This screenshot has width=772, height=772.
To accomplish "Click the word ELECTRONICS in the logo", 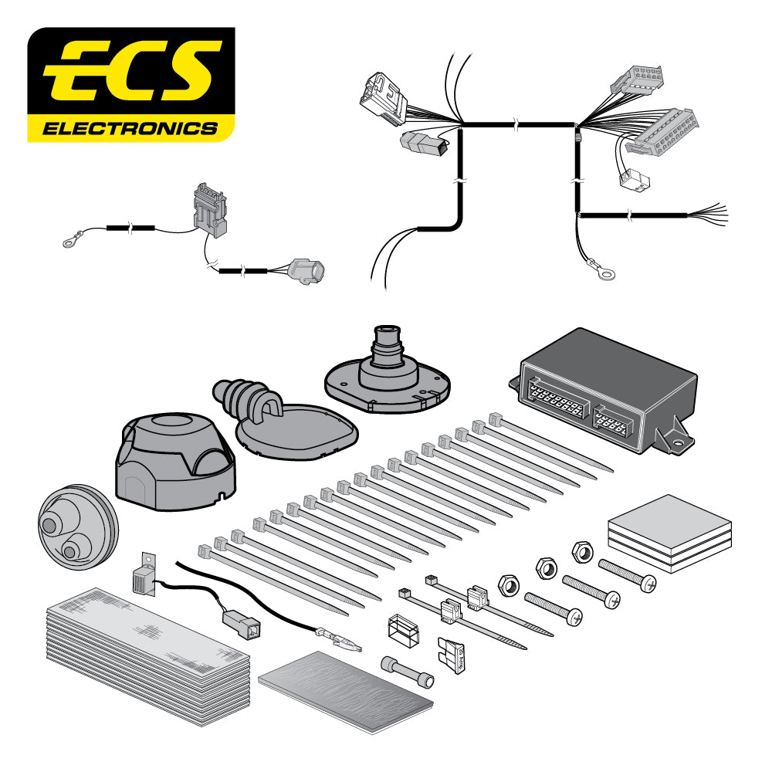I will point(130,127).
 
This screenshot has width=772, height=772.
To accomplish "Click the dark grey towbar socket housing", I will point(171,463).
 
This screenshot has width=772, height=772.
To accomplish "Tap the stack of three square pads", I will point(669,533).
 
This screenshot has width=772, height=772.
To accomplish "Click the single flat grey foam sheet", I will point(344,691).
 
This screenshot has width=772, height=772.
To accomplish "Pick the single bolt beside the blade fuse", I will point(407,670).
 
